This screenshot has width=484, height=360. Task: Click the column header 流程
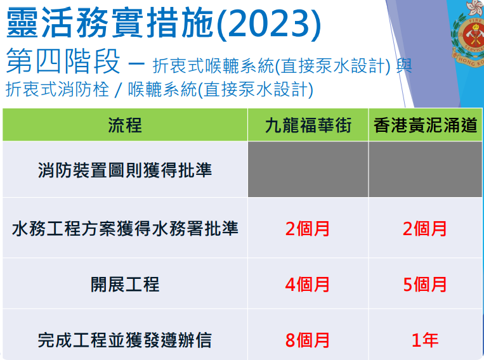(125, 125)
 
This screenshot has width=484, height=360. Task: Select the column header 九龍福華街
(308, 125)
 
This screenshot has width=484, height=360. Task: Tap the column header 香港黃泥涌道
(426, 125)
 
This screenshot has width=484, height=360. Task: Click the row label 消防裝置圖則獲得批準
(125, 170)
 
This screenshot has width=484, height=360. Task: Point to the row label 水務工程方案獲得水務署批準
(125, 229)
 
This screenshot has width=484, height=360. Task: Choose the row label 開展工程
(125, 284)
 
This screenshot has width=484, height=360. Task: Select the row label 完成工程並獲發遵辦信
(125, 340)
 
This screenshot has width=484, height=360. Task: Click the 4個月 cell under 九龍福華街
(308, 284)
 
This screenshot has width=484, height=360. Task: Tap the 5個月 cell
(425, 284)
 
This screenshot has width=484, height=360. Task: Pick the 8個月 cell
(308, 340)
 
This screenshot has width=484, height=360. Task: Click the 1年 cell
(425, 340)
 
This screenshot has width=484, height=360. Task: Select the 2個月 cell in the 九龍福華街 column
(308, 229)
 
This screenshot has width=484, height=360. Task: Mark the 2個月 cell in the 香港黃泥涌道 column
(425, 229)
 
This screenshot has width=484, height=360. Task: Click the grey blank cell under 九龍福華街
(308, 169)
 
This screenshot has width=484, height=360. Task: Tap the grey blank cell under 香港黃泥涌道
(426, 169)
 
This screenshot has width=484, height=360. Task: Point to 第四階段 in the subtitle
(63, 61)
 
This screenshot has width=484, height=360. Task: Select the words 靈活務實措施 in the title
(110, 23)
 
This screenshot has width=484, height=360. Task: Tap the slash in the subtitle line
(118, 90)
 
